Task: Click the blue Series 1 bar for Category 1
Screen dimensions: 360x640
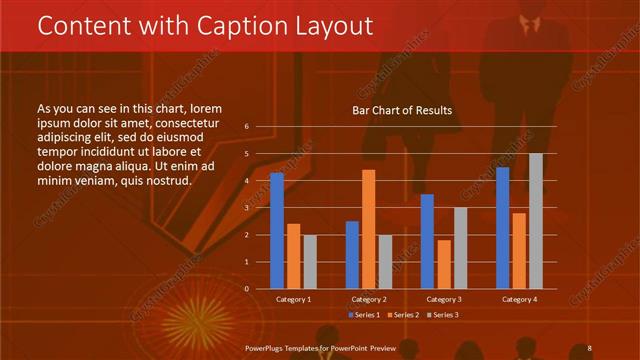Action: pos(277,231)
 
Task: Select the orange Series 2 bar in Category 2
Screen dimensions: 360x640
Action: pos(368,229)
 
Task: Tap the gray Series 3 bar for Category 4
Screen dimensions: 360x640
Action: pos(536,221)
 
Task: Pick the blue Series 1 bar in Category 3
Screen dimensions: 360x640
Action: pos(427,241)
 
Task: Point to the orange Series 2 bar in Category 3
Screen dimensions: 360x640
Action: pos(444,264)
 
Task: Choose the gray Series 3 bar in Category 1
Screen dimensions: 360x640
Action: pos(310,261)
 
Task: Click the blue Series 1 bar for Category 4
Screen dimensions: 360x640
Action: pos(502,228)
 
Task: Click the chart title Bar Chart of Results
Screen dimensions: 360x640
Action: pos(402,110)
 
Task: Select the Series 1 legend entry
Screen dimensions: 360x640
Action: pos(363,315)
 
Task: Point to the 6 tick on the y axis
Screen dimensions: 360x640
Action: pos(246,127)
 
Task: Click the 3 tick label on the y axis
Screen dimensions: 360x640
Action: pos(246,208)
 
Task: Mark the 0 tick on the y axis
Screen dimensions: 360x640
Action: pos(246,288)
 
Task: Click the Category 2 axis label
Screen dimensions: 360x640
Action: pos(369,299)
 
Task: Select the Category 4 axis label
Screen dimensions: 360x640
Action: pos(519,299)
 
